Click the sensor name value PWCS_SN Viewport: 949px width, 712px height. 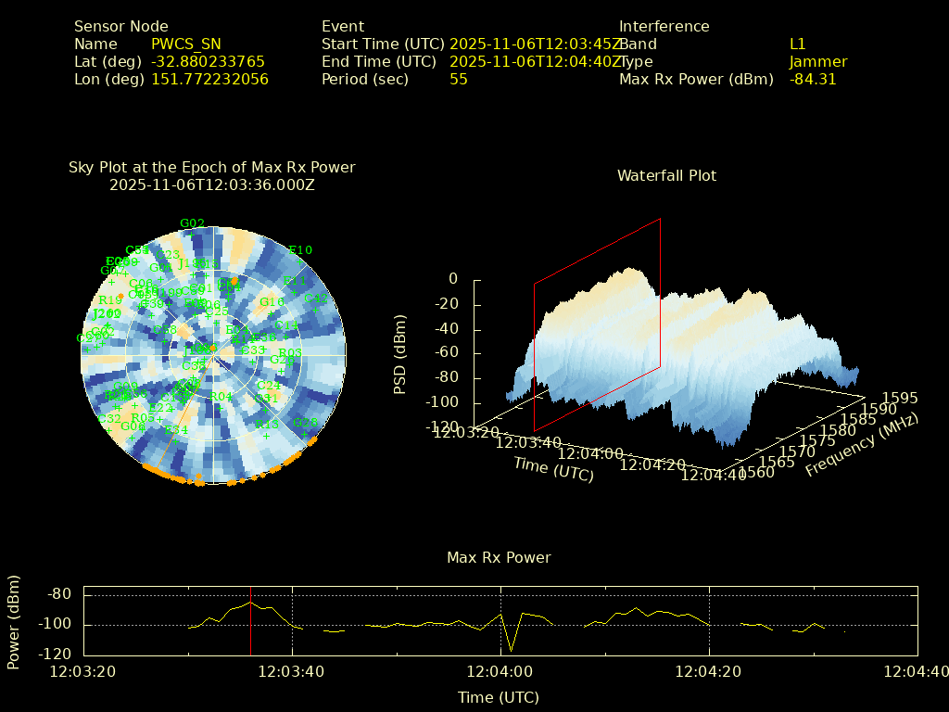click(x=186, y=44)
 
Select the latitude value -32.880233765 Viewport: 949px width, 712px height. click(x=208, y=62)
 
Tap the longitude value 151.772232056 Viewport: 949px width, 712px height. click(x=209, y=80)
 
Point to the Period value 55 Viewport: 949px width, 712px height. click(x=459, y=80)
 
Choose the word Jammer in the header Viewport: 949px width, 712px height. click(x=818, y=62)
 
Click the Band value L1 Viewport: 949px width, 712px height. click(x=798, y=44)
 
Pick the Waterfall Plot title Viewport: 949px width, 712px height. click(x=666, y=176)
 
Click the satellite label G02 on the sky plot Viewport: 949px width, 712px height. click(x=192, y=223)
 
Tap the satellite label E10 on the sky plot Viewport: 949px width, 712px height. click(x=300, y=250)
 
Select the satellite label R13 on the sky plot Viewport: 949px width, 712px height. click(x=267, y=424)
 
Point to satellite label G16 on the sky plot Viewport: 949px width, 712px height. click(x=271, y=302)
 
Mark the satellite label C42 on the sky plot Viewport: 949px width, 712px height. click(x=317, y=299)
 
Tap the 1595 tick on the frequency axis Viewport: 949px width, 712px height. click(x=901, y=398)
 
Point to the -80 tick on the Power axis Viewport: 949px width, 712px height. click(x=60, y=594)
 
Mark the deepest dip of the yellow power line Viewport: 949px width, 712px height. click(x=511, y=650)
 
